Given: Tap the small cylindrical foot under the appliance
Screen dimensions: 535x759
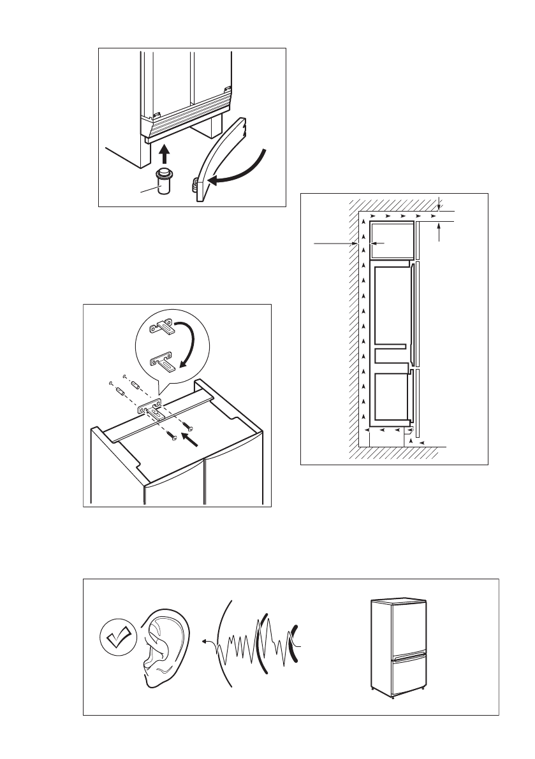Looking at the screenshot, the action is pos(164,183).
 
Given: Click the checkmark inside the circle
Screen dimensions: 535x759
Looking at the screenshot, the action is pos(119,635).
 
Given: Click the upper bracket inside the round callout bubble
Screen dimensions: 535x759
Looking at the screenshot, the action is pos(163,329).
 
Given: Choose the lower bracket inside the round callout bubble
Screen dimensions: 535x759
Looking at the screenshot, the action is pos(163,365).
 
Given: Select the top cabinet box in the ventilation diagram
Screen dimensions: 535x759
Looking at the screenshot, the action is pos(392,239).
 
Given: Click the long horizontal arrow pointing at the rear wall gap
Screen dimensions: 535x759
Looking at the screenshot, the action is pos(332,243).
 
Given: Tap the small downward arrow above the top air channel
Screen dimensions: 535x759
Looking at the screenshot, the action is pos(440,202).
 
